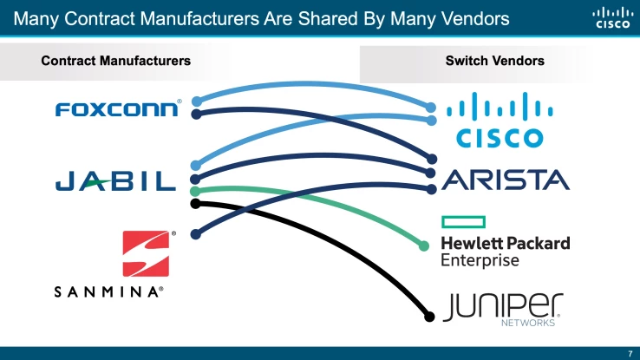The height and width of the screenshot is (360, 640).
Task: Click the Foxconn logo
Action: coord(118,108)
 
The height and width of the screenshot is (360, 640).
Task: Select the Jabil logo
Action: coord(115,180)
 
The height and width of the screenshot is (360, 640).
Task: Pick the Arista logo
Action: coord(506,180)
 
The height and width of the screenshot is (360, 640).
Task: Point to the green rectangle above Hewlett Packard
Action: coord(462,221)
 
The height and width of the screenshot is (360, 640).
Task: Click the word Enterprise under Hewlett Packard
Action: coord(480,259)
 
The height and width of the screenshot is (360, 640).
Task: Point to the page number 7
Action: coord(630,352)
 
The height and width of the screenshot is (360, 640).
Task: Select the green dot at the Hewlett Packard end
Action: coord(424,246)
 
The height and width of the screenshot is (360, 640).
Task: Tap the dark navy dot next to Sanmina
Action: coord(196,232)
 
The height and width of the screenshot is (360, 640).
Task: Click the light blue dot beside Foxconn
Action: coord(198,101)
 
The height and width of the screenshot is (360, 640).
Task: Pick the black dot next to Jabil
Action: coord(195,204)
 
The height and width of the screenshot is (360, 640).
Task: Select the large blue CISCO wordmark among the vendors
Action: coord(500,137)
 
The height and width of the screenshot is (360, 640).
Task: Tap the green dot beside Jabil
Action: coord(196,191)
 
